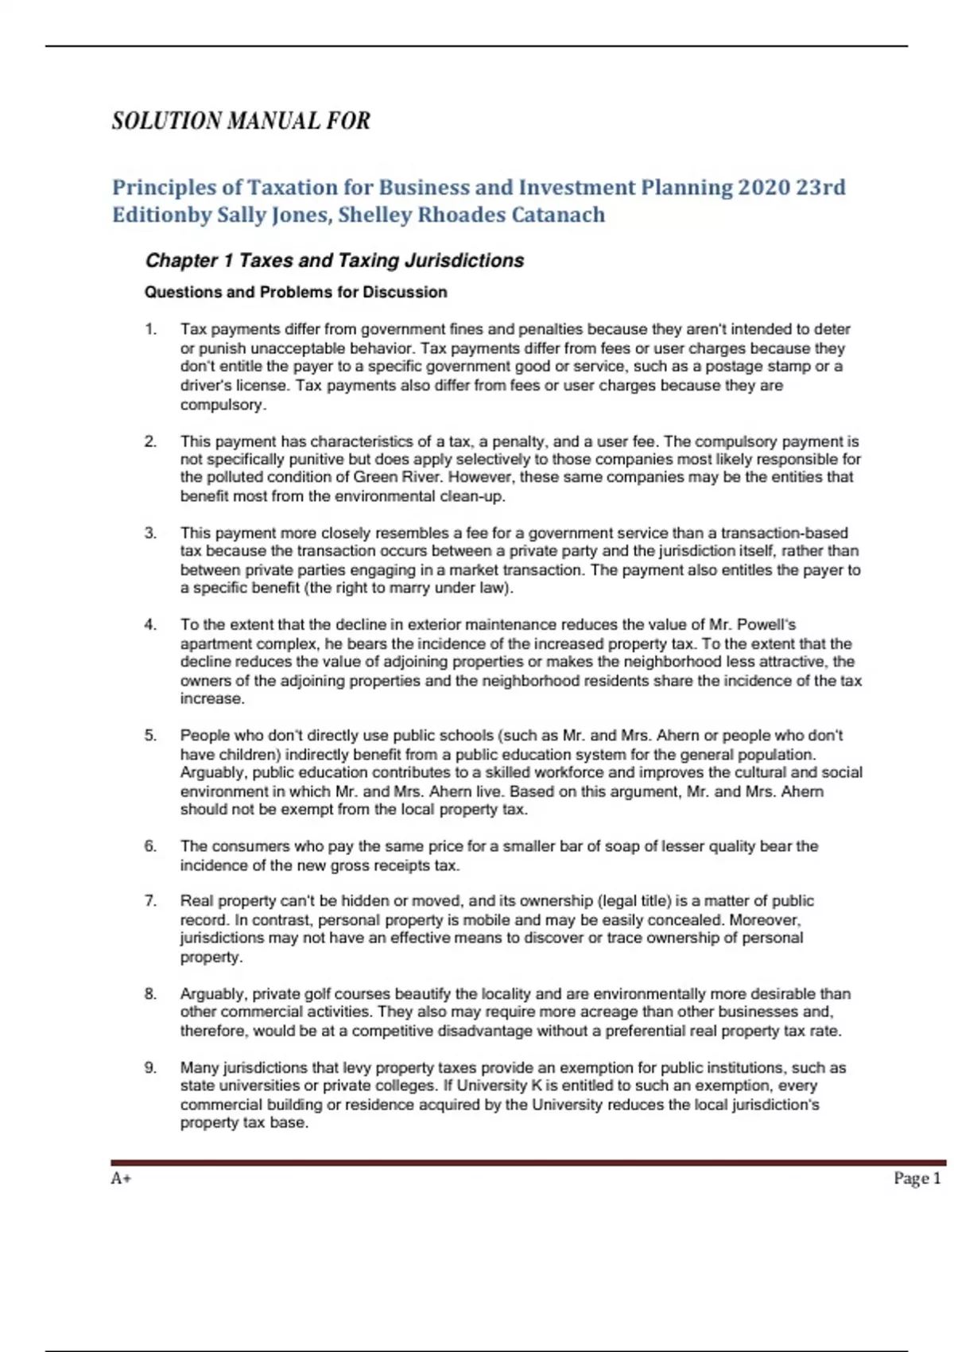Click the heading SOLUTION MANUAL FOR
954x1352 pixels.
tap(241, 121)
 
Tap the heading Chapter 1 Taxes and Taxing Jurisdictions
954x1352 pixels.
tap(335, 261)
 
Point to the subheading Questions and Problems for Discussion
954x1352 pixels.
tap(296, 292)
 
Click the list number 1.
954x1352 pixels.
tap(150, 329)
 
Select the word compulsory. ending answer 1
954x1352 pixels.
tap(223, 405)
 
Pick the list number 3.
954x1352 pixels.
tap(150, 533)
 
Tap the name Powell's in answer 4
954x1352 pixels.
tap(766, 625)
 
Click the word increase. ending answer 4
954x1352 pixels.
tap(212, 699)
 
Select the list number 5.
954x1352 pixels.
tap(150, 736)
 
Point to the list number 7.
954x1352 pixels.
tap(150, 901)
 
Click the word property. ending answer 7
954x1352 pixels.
tap(211, 957)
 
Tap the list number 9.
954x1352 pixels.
tap(150, 1068)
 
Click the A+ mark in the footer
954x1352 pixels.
tap(121, 1179)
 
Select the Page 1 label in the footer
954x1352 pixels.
tap(917, 1179)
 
